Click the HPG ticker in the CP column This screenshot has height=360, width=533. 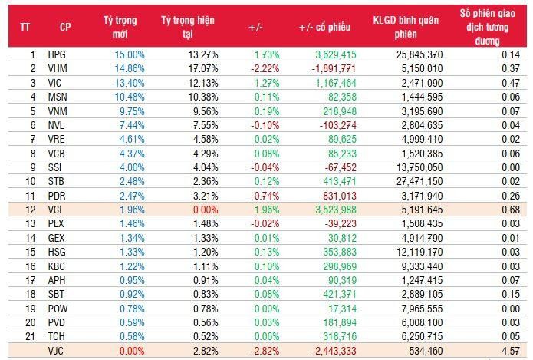[x=57, y=55]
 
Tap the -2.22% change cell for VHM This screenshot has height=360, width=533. [x=265, y=69]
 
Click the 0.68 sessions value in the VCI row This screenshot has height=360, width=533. [x=501, y=210]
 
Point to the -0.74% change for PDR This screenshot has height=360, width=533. [x=265, y=196]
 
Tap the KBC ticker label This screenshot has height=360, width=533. [x=57, y=266]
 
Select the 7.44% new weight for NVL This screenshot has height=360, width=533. [x=123, y=125]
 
